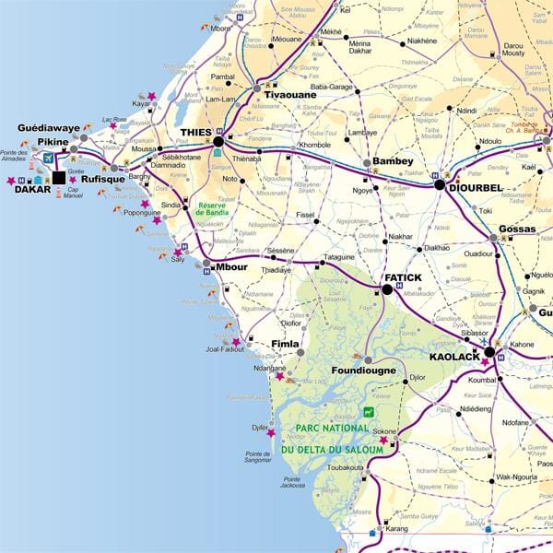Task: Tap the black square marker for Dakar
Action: [x=60, y=179]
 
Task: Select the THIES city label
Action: [x=195, y=133]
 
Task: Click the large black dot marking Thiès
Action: [x=218, y=143]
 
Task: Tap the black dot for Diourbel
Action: [x=441, y=184]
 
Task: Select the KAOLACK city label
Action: [x=454, y=355]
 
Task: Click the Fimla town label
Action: [x=286, y=344]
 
